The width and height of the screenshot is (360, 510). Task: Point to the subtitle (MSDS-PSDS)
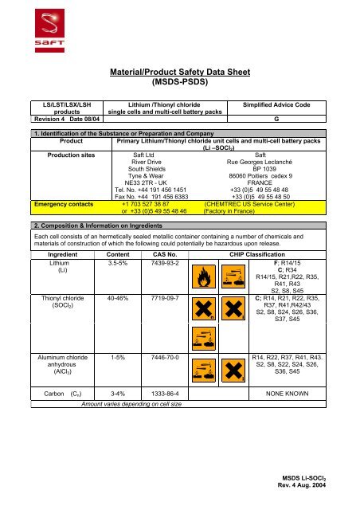click(179, 81)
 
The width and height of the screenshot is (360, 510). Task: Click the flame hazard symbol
click(202, 278)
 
